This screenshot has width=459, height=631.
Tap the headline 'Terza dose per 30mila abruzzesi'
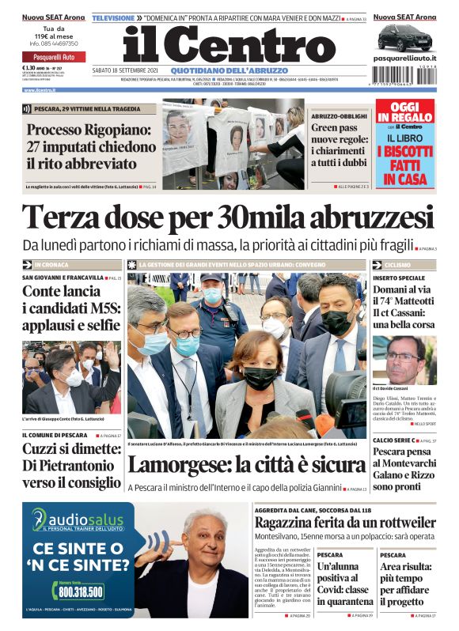[x=229, y=217]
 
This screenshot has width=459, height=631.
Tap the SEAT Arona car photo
[x=404, y=37]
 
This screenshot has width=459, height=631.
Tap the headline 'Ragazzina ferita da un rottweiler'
[x=344, y=523]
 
